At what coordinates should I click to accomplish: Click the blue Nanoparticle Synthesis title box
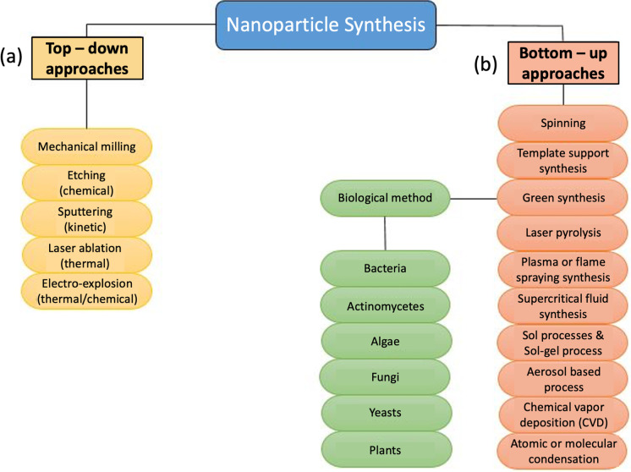click(x=326, y=25)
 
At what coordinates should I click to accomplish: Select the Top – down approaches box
click(x=87, y=58)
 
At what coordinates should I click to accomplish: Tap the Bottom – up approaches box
click(x=563, y=63)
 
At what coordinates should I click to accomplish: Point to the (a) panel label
click(x=11, y=56)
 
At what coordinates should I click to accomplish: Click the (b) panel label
click(x=486, y=63)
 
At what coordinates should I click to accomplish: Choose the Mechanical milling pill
click(x=87, y=146)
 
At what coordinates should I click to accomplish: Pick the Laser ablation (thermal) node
click(x=87, y=255)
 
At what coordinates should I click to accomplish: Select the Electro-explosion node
click(x=87, y=291)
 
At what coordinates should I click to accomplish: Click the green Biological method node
click(x=385, y=198)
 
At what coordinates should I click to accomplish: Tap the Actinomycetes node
click(x=385, y=306)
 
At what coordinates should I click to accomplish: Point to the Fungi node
click(x=385, y=377)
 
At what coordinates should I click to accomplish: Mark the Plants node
click(x=386, y=450)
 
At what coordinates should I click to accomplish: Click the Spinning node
click(x=563, y=123)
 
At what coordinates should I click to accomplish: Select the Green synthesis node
click(x=563, y=198)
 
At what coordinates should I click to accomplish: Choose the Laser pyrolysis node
click(x=563, y=233)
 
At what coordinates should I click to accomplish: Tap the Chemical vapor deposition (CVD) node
click(x=563, y=414)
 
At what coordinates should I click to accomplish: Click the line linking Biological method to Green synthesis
click(x=474, y=199)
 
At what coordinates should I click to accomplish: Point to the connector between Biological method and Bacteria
click(x=385, y=233)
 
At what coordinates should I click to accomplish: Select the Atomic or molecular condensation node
click(x=563, y=451)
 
